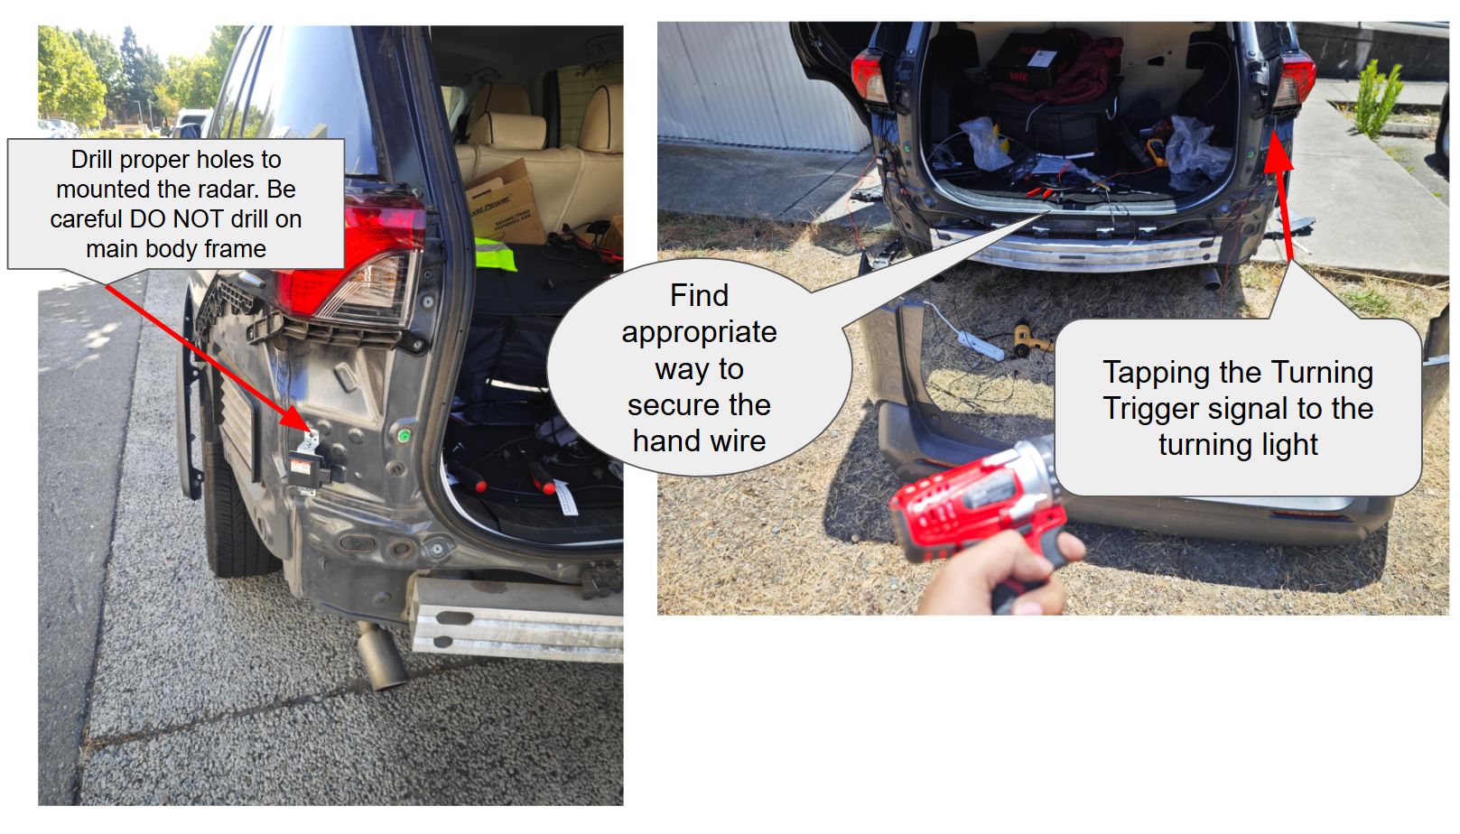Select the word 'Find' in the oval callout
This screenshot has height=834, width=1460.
[x=700, y=295]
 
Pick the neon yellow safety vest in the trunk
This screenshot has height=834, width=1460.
[x=495, y=255]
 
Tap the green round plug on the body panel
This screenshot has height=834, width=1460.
[x=404, y=434]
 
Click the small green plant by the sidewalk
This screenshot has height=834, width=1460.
[x=1376, y=97]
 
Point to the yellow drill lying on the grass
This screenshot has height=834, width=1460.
[x=1030, y=339]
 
